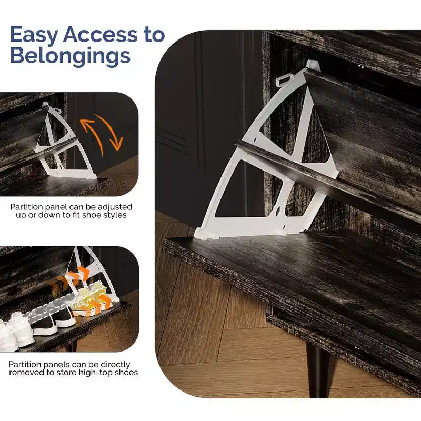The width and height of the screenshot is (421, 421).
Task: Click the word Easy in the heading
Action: [34, 35]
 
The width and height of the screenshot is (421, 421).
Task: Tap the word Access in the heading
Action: [100, 34]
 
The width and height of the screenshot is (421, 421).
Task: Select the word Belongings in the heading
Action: [71, 57]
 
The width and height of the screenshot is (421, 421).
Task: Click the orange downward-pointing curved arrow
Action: [110, 131]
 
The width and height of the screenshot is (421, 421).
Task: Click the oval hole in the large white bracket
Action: [279, 211]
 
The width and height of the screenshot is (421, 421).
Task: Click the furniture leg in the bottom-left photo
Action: [71, 346]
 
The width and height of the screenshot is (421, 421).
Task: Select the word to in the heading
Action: [154, 34]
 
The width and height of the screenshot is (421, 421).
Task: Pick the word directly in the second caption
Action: [115, 365]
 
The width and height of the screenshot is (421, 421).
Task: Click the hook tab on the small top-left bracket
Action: [57, 110]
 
